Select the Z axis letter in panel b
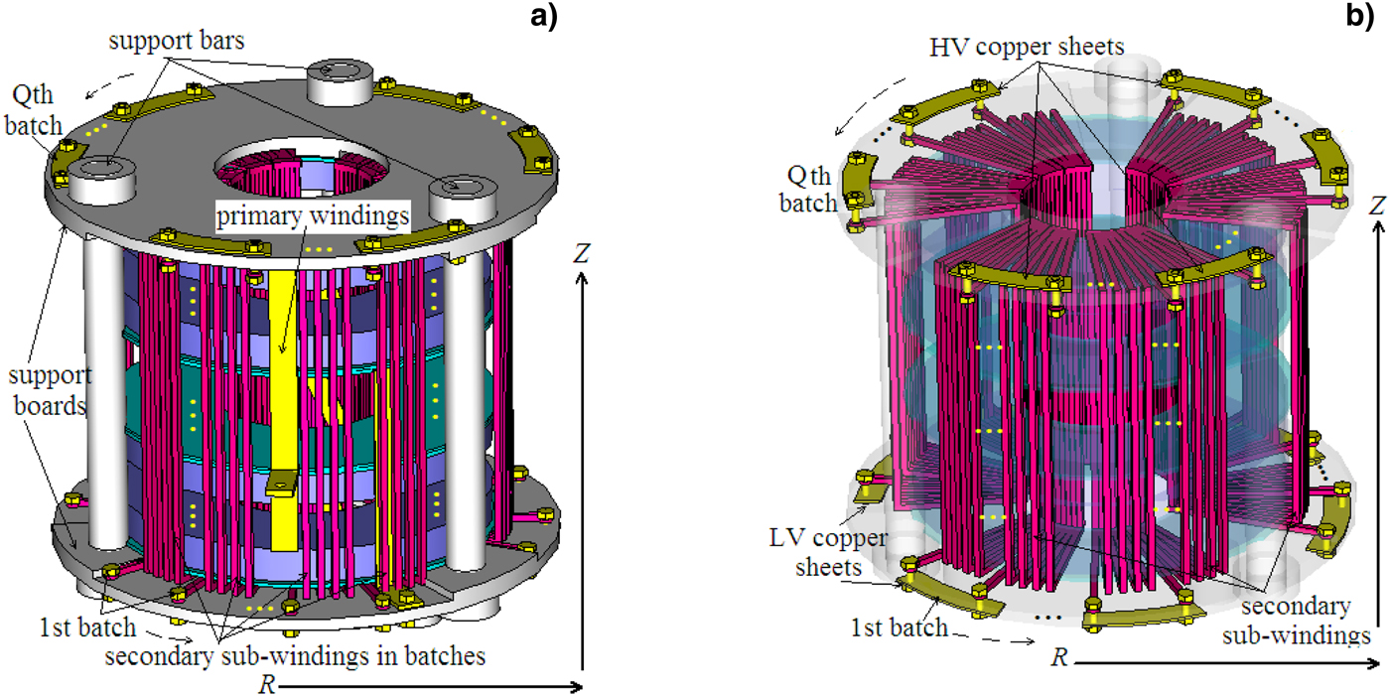tap(1375, 206)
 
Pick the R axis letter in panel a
tap(265, 684)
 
